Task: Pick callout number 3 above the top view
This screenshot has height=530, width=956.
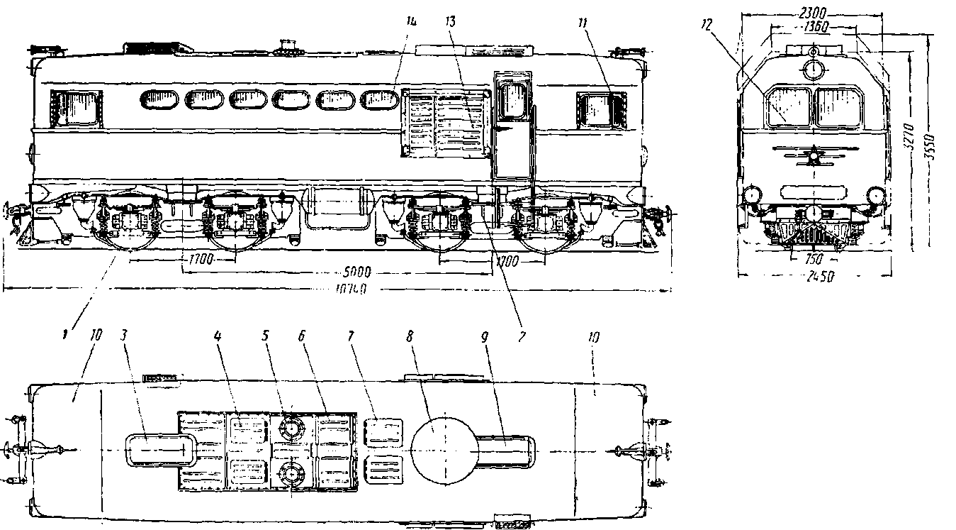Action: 125,339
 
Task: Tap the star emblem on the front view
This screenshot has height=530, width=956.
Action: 814,155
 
